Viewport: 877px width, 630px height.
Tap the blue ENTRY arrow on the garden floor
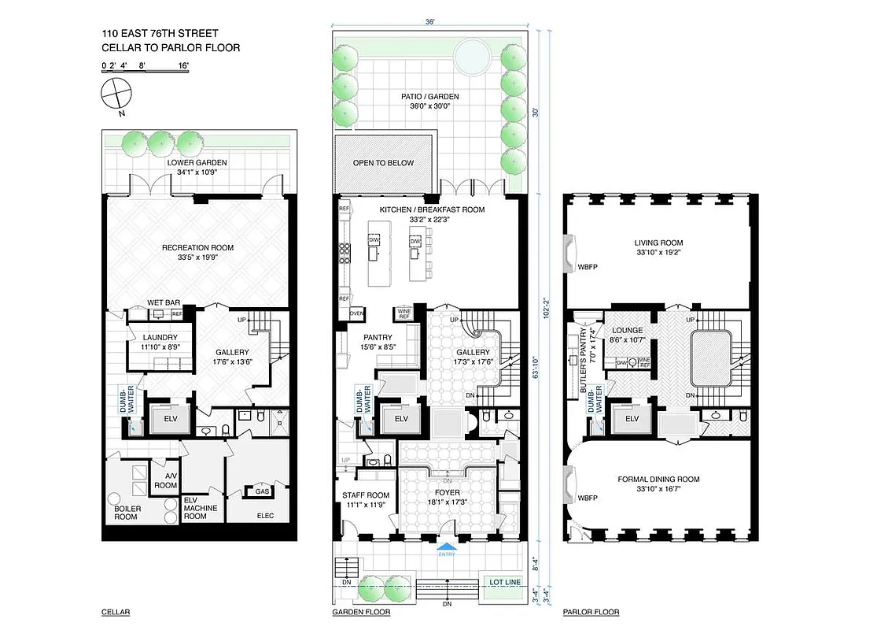tap(447, 547)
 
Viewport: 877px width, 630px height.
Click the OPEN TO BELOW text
tap(384, 163)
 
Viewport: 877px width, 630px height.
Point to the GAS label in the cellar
tap(262, 491)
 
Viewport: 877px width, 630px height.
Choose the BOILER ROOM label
tap(127, 513)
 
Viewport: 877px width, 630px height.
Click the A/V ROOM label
tap(166, 481)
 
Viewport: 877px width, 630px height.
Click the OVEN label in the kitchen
tap(356, 313)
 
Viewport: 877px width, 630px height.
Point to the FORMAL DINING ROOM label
tap(658, 479)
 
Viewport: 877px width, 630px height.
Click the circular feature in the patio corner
tap(476, 55)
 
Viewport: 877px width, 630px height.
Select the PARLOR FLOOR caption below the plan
tap(591, 612)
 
